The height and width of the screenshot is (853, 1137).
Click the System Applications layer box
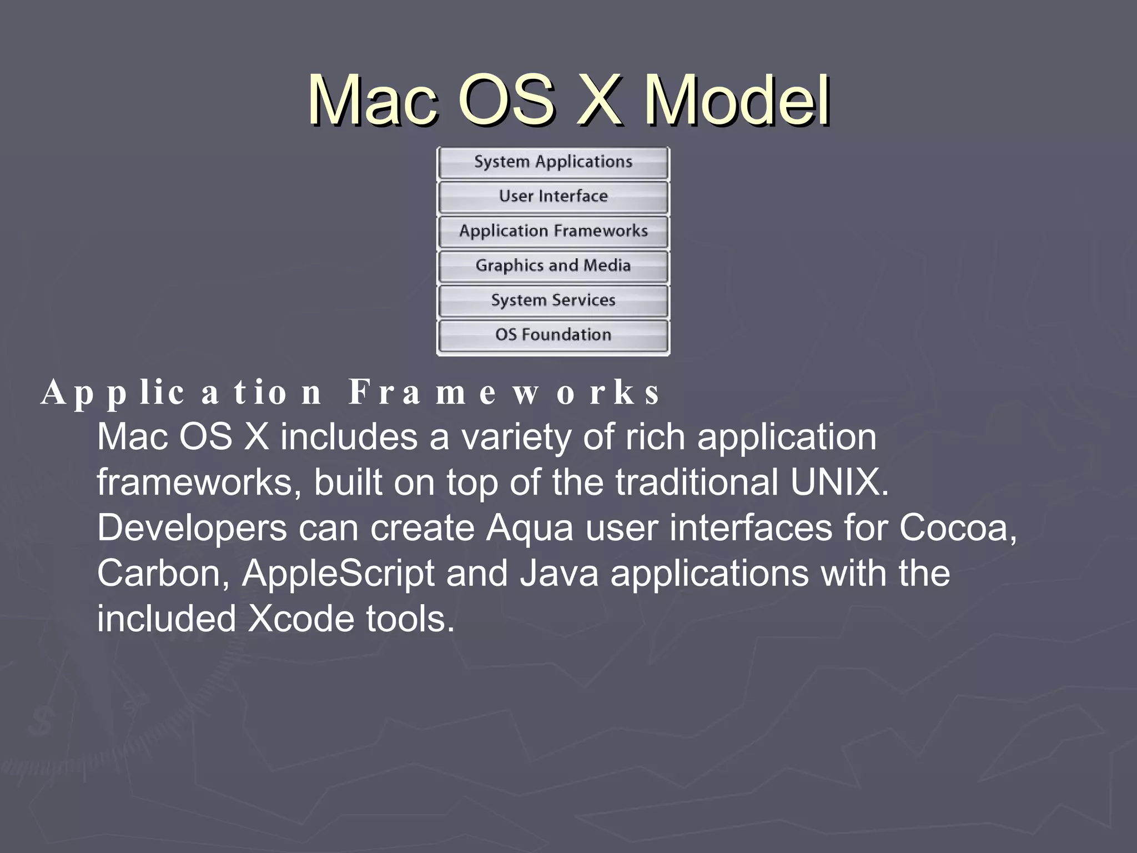tap(553, 162)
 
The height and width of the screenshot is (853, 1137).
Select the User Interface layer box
tap(553, 197)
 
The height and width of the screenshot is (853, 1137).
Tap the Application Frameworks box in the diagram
tap(553, 231)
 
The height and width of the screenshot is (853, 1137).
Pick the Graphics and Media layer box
tap(553, 266)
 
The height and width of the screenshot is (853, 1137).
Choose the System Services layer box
tap(553, 300)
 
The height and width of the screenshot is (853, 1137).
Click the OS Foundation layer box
tap(553, 335)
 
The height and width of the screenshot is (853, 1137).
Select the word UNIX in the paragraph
tap(838, 482)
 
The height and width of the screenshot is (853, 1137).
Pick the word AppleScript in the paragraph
tap(339, 574)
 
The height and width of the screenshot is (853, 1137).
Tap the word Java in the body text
tap(559, 574)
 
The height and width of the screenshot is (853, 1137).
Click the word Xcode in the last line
tap(300, 619)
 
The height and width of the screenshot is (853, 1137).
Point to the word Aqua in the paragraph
tap(529, 528)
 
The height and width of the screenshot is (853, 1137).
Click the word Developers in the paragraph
tap(192, 528)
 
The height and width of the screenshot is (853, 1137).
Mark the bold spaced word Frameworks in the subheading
tap(504, 393)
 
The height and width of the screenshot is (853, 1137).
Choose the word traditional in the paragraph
tap(696, 482)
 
